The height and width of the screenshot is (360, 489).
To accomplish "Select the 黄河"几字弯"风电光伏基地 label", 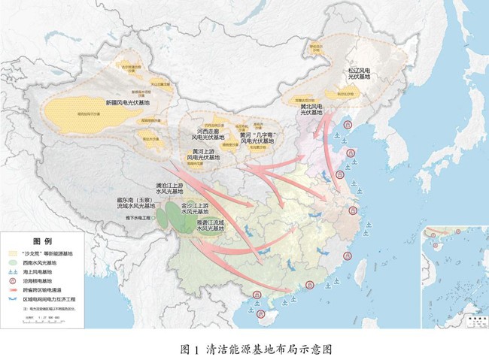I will click(260, 138).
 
